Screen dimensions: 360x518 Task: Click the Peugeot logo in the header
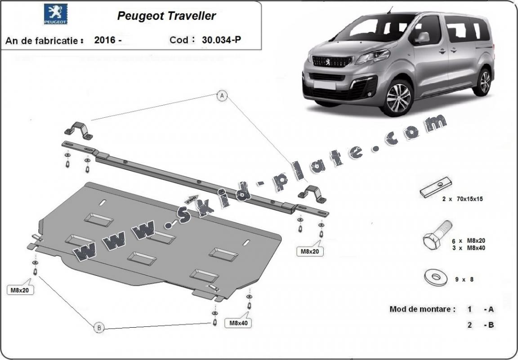(56, 14)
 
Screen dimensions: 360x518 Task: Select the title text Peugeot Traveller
(166, 16)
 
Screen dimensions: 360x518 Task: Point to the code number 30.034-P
(221, 40)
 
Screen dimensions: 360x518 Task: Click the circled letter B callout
(98, 328)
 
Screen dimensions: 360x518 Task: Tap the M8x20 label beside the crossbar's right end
(309, 252)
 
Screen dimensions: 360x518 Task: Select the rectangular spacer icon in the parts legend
(435, 187)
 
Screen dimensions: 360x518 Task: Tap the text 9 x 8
(464, 279)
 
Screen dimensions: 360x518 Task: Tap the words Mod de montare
(422, 309)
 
